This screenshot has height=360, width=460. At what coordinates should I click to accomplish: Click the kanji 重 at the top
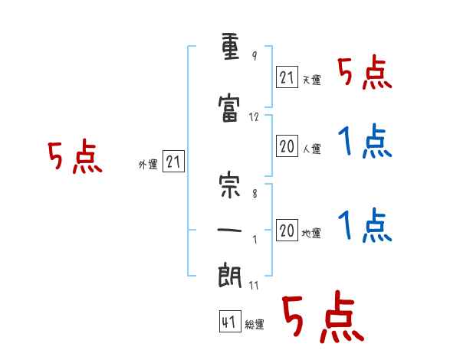pyautogui.click(x=230, y=47)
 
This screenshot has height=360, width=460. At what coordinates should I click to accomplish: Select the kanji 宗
pyautogui.click(x=229, y=186)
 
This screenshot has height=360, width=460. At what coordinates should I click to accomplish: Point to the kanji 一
pyautogui.click(x=229, y=230)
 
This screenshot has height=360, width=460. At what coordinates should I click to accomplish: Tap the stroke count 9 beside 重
pyautogui.click(x=255, y=56)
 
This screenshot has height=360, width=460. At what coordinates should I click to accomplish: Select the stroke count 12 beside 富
pyautogui.click(x=254, y=117)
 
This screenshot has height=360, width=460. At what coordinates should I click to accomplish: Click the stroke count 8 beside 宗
pyautogui.click(x=255, y=194)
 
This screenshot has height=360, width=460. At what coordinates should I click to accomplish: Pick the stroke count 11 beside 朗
pyautogui.click(x=254, y=285)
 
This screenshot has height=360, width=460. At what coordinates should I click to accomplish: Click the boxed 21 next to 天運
pyautogui.click(x=287, y=77)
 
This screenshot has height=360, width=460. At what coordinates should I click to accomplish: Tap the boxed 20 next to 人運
pyautogui.click(x=287, y=146)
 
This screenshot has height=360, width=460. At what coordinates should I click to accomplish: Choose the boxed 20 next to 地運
pyautogui.click(x=287, y=230)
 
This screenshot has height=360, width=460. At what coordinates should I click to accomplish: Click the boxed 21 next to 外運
pyautogui.click(x=173, y=162)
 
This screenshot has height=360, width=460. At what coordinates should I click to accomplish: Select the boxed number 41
pyautogui.click(x=230, y=321)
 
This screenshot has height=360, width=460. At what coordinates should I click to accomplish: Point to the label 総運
pyautogui.click(x=255, y=325)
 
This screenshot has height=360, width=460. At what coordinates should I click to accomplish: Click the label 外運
pyautogui.click(x=148, y=165)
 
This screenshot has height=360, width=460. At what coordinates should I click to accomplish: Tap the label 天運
pyautogui.click(x=311, y=80)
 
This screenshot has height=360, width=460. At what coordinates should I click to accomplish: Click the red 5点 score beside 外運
pyautogui.click(x=75, y=156)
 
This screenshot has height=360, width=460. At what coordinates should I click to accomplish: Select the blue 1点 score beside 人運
pyautogui.click(x=365, y=141)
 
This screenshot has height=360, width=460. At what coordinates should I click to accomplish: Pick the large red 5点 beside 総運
pyautogui.click(x=323, y=316)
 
